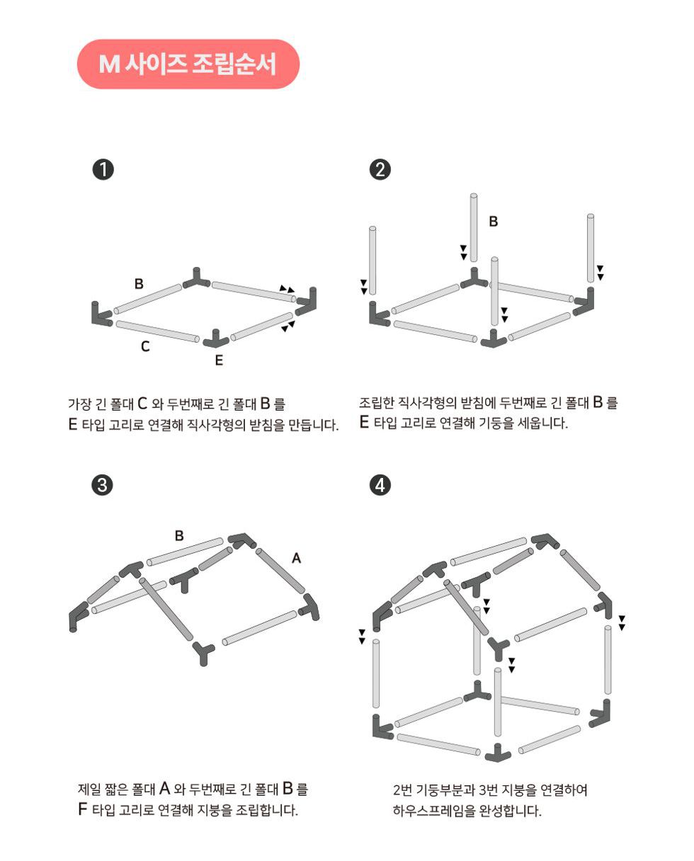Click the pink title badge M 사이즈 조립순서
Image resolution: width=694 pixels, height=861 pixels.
click(x=188, y=64)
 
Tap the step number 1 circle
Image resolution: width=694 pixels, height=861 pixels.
click(x=103, y=170)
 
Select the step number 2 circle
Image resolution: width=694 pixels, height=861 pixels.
click(x=380, y=169)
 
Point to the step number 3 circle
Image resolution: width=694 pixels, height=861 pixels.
click(x=103, y=485)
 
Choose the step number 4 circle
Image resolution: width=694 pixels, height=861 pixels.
click(x=380, y=485)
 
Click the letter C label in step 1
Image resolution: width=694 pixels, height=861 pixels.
click(x=145, y=346)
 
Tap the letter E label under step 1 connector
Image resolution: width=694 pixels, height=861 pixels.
click(x=219, y=360)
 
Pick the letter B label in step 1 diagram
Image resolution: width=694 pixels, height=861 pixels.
click(x=139, y=284)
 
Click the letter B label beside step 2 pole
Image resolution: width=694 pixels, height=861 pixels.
click(x=494, y=221)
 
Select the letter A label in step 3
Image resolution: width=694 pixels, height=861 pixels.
click(x=296, y=558)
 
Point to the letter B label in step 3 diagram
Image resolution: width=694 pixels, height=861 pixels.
click(x=179, y=536)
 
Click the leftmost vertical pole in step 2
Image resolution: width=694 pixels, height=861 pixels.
click(x=372, y=261)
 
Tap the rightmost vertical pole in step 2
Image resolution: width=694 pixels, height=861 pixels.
click(x=591, y=248)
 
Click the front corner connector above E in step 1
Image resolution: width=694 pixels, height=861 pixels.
click(x=216, y=339)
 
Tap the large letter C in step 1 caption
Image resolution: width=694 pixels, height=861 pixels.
click(x=142, y=404)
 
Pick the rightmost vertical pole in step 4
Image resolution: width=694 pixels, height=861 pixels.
click(x=608, y=660)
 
